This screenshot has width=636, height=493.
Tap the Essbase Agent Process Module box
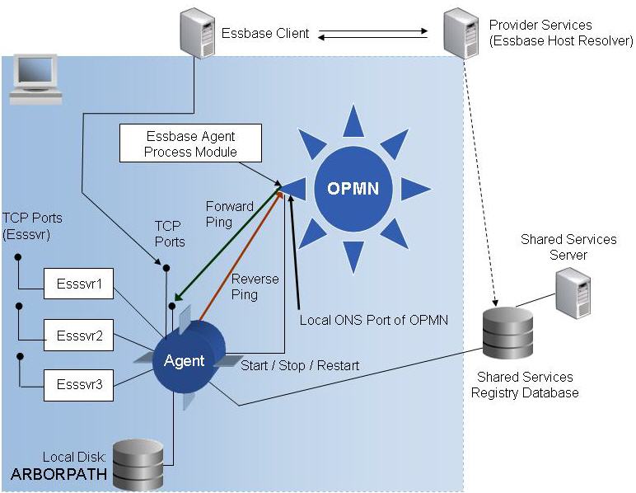pyautogui.click(x=190, y=143)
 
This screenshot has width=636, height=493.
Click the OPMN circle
pyautogui.click(x=353, y=188)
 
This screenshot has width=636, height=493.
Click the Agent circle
pyautogui.click(x=185, y=361)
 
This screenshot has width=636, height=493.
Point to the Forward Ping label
pyautogui.click(x=229, y=214)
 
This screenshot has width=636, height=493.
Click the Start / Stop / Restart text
pyautogui.click(x=300, y=365)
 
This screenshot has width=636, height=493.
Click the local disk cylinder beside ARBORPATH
pyautogui.click(x=137, y=464)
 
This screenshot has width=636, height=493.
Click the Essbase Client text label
pyautogui.click(x=265, y=34)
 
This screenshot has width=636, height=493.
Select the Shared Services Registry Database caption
pyautogui.click(x=525, y=385)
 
